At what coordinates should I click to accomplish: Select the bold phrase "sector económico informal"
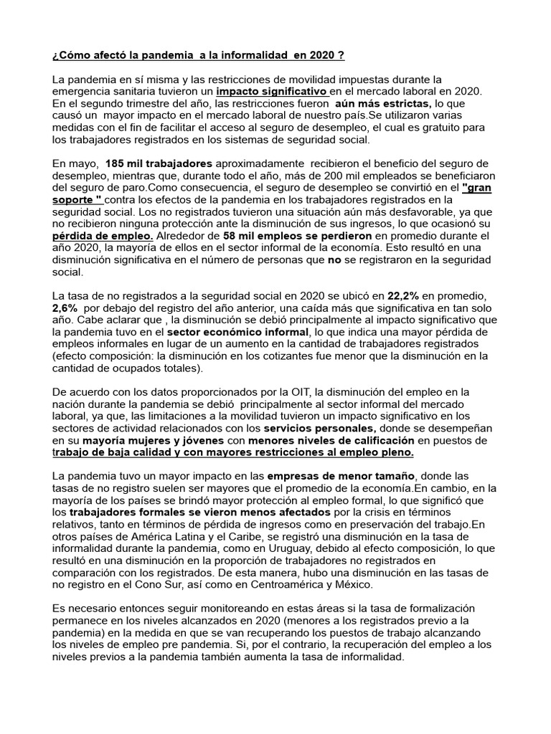[237, 332]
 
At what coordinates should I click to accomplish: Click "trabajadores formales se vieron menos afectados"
[200, 513]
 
